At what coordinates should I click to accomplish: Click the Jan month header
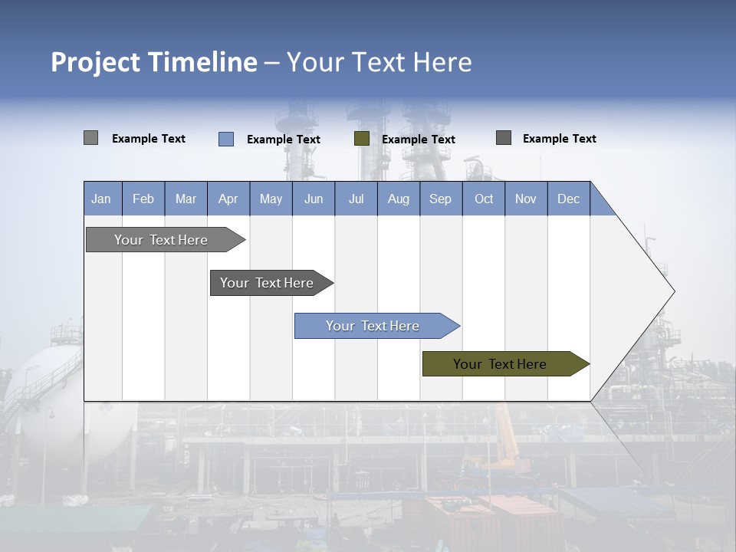point(102,199)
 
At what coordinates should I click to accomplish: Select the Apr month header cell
point(228,199)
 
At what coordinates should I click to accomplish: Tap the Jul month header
point(356,199)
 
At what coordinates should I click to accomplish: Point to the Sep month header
point(441,199)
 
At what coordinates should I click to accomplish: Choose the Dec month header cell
point(568,199)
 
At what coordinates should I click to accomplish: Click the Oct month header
point(484,199)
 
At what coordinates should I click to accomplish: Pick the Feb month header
point(143,199)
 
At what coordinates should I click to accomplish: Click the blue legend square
point(226,139)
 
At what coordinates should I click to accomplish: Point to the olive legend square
point(362,139)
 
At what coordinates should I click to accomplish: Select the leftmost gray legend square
point(90,138)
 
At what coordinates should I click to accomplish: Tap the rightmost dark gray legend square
point(504,138)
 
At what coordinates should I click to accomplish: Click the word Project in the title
point(95,62)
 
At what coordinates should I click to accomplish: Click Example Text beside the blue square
point(284,140)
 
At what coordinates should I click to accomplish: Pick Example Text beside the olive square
point(419,140)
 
